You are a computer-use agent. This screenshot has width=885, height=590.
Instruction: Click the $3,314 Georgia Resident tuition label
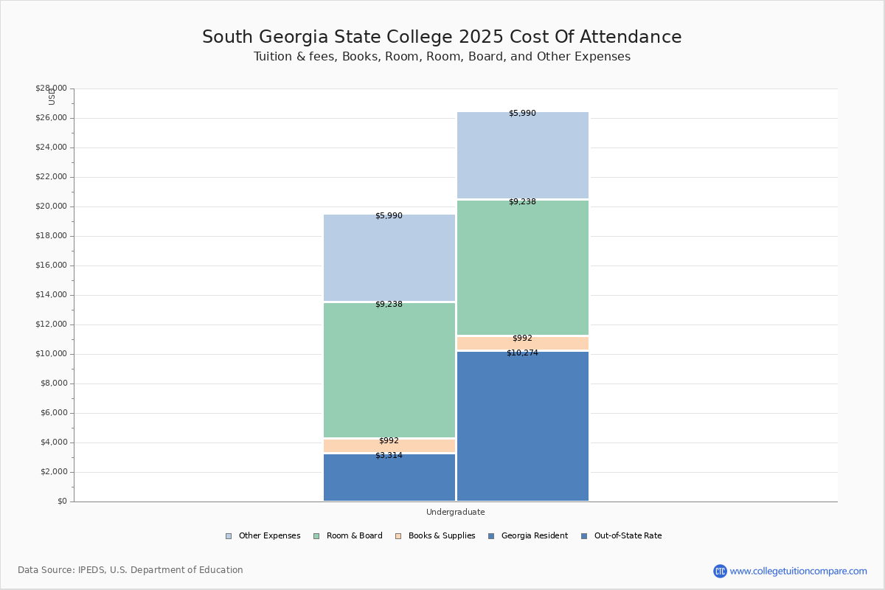coord(389,455)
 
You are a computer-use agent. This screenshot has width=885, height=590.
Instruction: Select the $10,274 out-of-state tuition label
coord(522,353)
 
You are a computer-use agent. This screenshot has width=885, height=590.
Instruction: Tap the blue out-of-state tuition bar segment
coord(522,428)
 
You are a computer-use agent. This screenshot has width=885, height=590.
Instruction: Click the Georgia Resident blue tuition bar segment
coord(389,479)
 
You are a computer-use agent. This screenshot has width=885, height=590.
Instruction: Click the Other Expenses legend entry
coord(263,535)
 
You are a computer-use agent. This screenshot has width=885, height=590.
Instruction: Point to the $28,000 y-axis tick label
coord(51,88)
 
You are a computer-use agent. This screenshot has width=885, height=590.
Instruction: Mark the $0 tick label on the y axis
coord(61,502)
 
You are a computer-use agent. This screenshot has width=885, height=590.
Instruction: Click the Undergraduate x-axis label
coord(455,512)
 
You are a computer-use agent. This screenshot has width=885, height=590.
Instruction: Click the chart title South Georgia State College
coord(442,37)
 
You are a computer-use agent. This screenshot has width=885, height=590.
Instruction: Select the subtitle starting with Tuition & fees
coord(442,57)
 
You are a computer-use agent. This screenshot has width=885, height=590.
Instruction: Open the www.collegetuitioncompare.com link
coord(797,571)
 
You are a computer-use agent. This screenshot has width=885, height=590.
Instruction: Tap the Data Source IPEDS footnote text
coord(131,570)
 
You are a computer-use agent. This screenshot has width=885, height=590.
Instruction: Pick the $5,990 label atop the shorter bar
coord(389,215)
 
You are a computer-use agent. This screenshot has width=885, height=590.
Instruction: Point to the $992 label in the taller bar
coord(522,338)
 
